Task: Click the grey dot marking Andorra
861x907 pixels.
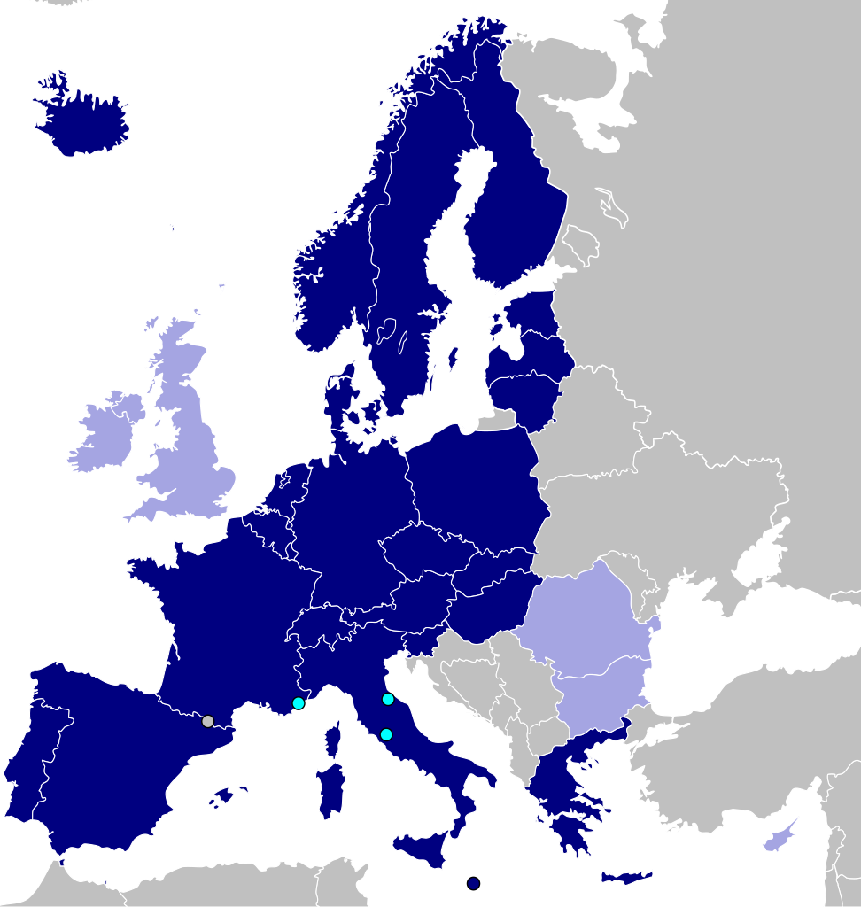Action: click(207, 721)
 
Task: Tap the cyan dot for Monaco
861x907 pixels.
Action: click(299, 703)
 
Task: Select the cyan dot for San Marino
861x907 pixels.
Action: click(388, 699)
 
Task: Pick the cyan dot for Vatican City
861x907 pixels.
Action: click(386, 734)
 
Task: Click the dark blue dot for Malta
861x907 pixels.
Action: click(474, 883)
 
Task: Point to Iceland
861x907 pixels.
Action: click(84, 120)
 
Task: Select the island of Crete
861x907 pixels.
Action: click(625, 877)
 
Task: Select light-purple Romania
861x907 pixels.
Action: click(585, 620)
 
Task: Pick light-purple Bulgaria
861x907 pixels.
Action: click(602, 695)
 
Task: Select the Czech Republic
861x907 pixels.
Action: click(425, 549)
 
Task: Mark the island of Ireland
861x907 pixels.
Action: click(105, 434)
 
